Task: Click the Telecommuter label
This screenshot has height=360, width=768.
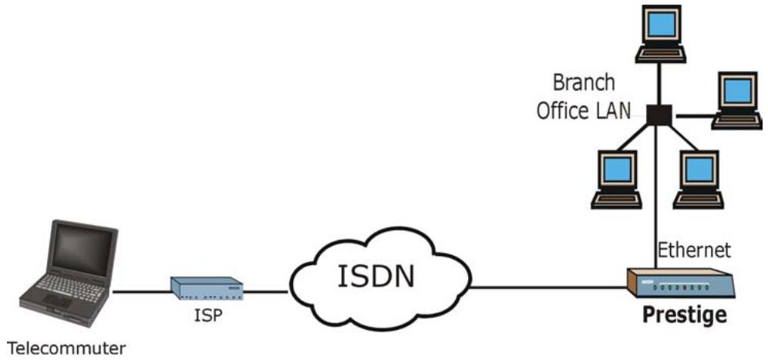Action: point(67,348)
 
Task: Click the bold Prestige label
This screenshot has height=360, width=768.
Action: point(684,316)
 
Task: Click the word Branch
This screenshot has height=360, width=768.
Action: point(584,82)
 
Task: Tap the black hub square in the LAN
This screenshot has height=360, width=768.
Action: point(659,115)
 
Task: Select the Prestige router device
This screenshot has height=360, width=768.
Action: point(682,283)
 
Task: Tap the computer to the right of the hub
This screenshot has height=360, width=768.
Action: point(738,100)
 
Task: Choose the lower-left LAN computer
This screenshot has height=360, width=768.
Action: point(616,180)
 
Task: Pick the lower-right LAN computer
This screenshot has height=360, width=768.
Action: point(699,180)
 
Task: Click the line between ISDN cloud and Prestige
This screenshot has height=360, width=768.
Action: point(548,288)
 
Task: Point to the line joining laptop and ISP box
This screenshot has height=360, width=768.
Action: point(142,292)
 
